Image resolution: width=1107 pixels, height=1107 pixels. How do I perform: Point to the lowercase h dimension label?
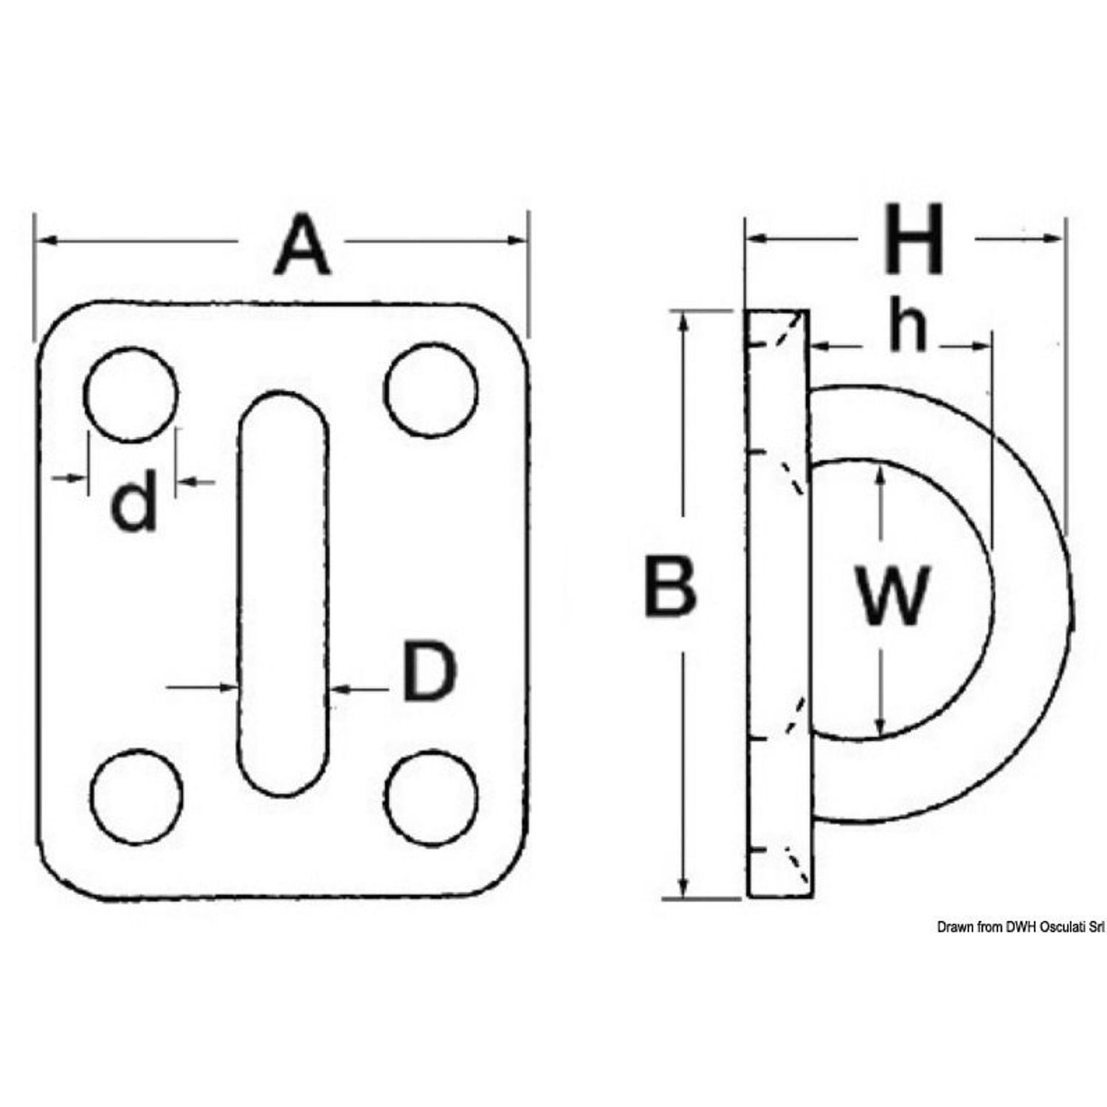pyautogui.click(x=907, y=328)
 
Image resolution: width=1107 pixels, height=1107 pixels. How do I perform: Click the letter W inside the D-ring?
pyautogui.click(x=892, y=596)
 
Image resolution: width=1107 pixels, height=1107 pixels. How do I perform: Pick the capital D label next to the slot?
pyautogui.click(x=429, y=671)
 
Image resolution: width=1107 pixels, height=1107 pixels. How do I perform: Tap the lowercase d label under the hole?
pyautogui.click(x=135, y=503)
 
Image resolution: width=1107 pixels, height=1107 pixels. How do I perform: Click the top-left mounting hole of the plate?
pyautogui.click(x=131, y=395)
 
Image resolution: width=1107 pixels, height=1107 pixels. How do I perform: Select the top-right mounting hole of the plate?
pyautogui.click(x=431, y=389)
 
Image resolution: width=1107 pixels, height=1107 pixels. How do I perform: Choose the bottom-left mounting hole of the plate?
pyautogui.click(x=137, y=796)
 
